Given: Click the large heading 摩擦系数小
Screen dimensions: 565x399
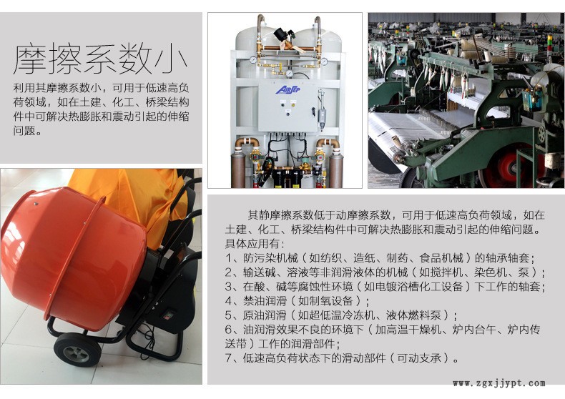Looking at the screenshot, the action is pyautogui.click(x=100, y=59).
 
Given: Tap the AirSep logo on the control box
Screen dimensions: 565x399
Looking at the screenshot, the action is pyautogui.click(x=288, y=89).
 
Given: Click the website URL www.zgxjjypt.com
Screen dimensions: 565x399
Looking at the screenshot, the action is pyautogui.click(x=499, y=383).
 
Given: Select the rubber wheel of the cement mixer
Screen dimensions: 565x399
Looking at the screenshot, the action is pyautogui.click(x=77, y=350).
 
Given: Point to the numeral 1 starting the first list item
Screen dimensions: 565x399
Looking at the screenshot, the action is pyautogui.click(x=229, y=258).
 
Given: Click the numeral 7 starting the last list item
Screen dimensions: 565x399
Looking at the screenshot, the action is pyautogui.click(x=229, y=358).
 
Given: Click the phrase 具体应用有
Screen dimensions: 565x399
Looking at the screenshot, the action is pyautogui.click(x=252, y=244).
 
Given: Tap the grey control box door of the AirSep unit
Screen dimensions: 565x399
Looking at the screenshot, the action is pyautogui.click(x=288, y=108).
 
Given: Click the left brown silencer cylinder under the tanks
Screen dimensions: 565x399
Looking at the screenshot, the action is pyautogui.click(x=238, y=169).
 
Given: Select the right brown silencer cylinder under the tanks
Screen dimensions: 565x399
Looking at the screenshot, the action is pyautogui.click(x=336, y=170).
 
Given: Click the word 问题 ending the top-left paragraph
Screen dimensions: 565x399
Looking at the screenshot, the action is pyautogui.click(x=24, y=131).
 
